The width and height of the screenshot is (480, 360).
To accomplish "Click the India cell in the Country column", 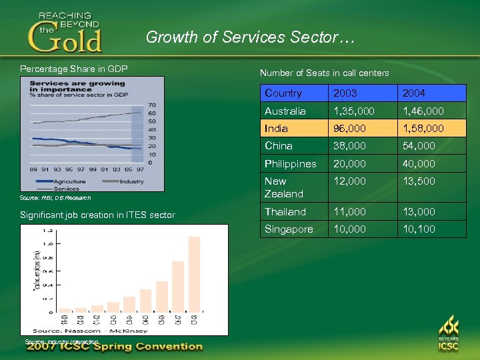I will pyautogui.click(x=276, y=128).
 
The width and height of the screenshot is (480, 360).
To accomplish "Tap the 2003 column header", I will pyautogui.click(x=345, y=93).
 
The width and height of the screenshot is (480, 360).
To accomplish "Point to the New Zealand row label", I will pyautogui.click(x=283, y=187).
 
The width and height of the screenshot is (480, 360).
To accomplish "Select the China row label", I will pyautogui.click(x=278, y=145).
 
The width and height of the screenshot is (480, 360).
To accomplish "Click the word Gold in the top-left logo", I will pyautogui.click(x=65, y=39).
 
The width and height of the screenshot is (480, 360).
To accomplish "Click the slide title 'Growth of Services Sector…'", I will pyautogui.click(x=250, y=37).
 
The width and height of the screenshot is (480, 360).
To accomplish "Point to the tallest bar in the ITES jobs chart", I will pyautogui.click(x=194, y=274).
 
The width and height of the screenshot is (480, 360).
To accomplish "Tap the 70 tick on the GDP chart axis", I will pyautogui.click(x=152, y=105).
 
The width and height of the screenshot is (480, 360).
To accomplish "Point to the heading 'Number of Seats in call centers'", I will pyautogui.click(x=324, y=73).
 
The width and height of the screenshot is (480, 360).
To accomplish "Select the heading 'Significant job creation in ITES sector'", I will pyautogui.click(x=97, y=215).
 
